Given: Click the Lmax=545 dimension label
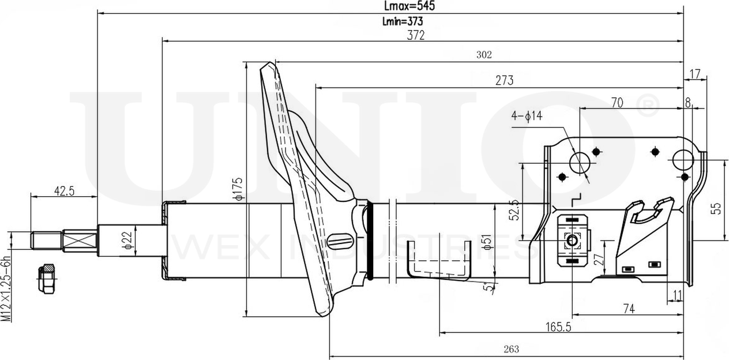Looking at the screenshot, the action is click(409, 6).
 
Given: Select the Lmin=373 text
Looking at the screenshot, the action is click(403, 21).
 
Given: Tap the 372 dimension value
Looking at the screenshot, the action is click(416, 35).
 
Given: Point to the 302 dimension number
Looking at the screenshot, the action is click(484, 55).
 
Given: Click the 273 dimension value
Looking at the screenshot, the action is click(505, 80).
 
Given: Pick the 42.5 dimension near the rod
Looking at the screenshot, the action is click(64, 191).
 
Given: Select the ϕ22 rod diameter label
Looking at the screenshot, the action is click(128, 240).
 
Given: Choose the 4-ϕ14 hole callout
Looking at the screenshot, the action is click(527, 115).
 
